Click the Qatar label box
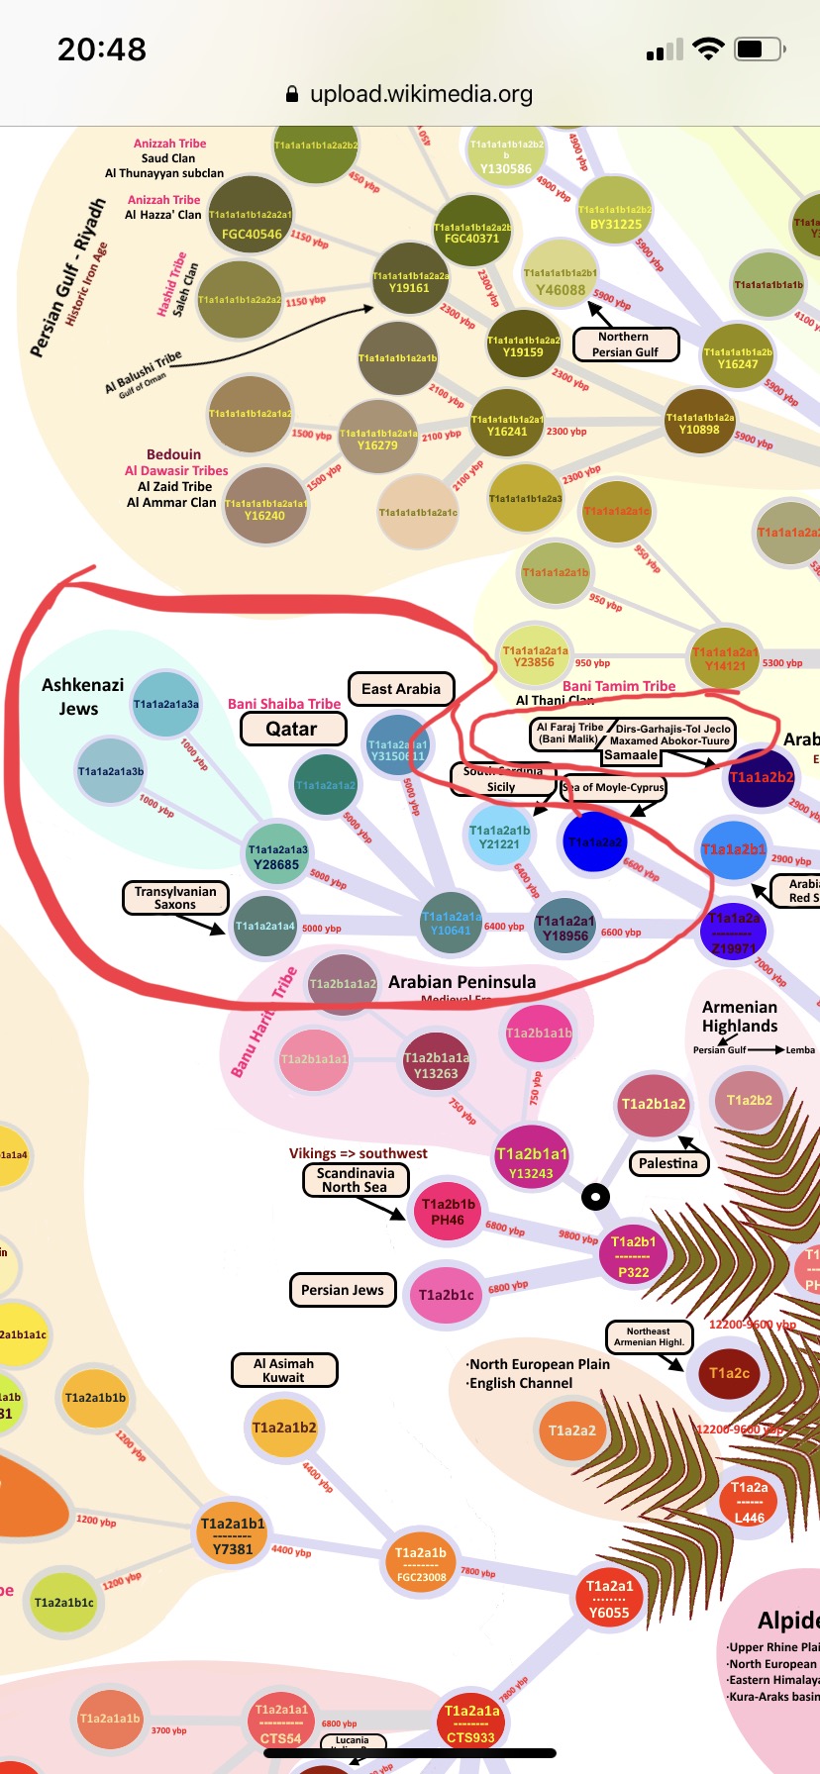[292, 729]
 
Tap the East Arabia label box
[401, 689]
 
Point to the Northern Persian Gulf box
[625, 345]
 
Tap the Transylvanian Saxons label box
[175, 898]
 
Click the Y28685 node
[277, 856]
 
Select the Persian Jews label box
[343, 1290]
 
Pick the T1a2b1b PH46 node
[448, 1212]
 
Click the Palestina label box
[668, 1163]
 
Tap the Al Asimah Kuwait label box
[284, 1370]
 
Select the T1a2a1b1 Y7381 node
[233, 1535]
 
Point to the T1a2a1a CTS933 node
[471, 1723]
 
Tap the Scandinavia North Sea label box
[355, 1180]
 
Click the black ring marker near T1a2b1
[595, 1197]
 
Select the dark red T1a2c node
[729, 1372]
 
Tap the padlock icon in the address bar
[292, 95]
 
